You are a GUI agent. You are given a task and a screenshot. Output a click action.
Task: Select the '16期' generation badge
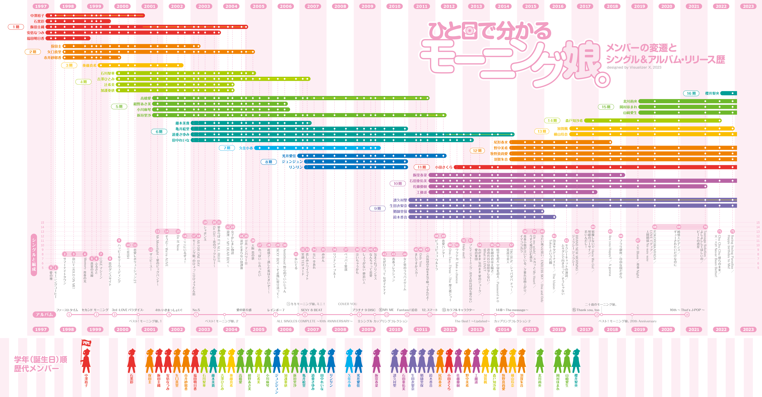[691, 93]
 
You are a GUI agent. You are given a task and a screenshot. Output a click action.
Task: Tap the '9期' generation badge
[377, 209]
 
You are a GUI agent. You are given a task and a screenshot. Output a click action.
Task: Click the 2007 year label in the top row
[313, 6]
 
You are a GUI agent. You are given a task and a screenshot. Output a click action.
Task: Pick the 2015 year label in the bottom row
[531, 329]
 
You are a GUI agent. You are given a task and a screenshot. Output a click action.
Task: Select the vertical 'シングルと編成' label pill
[34, 255]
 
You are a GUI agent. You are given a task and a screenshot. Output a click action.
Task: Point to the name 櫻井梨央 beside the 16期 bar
[712, 93]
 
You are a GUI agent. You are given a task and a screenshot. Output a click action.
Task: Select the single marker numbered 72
[732, 231]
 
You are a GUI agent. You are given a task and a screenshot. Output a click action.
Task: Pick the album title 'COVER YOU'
[348, 304]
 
